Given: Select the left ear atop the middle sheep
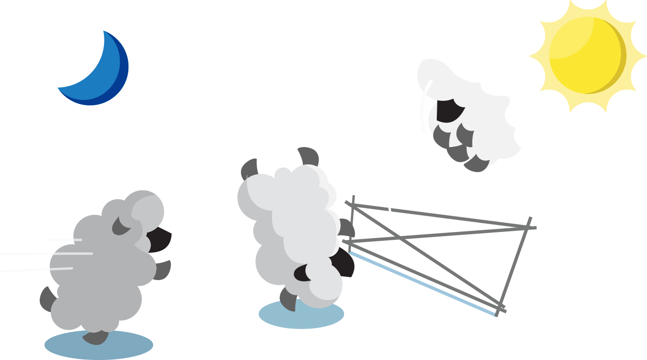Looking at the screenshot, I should tap(249, 168).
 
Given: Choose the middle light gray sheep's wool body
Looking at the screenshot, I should tap(291, 222).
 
